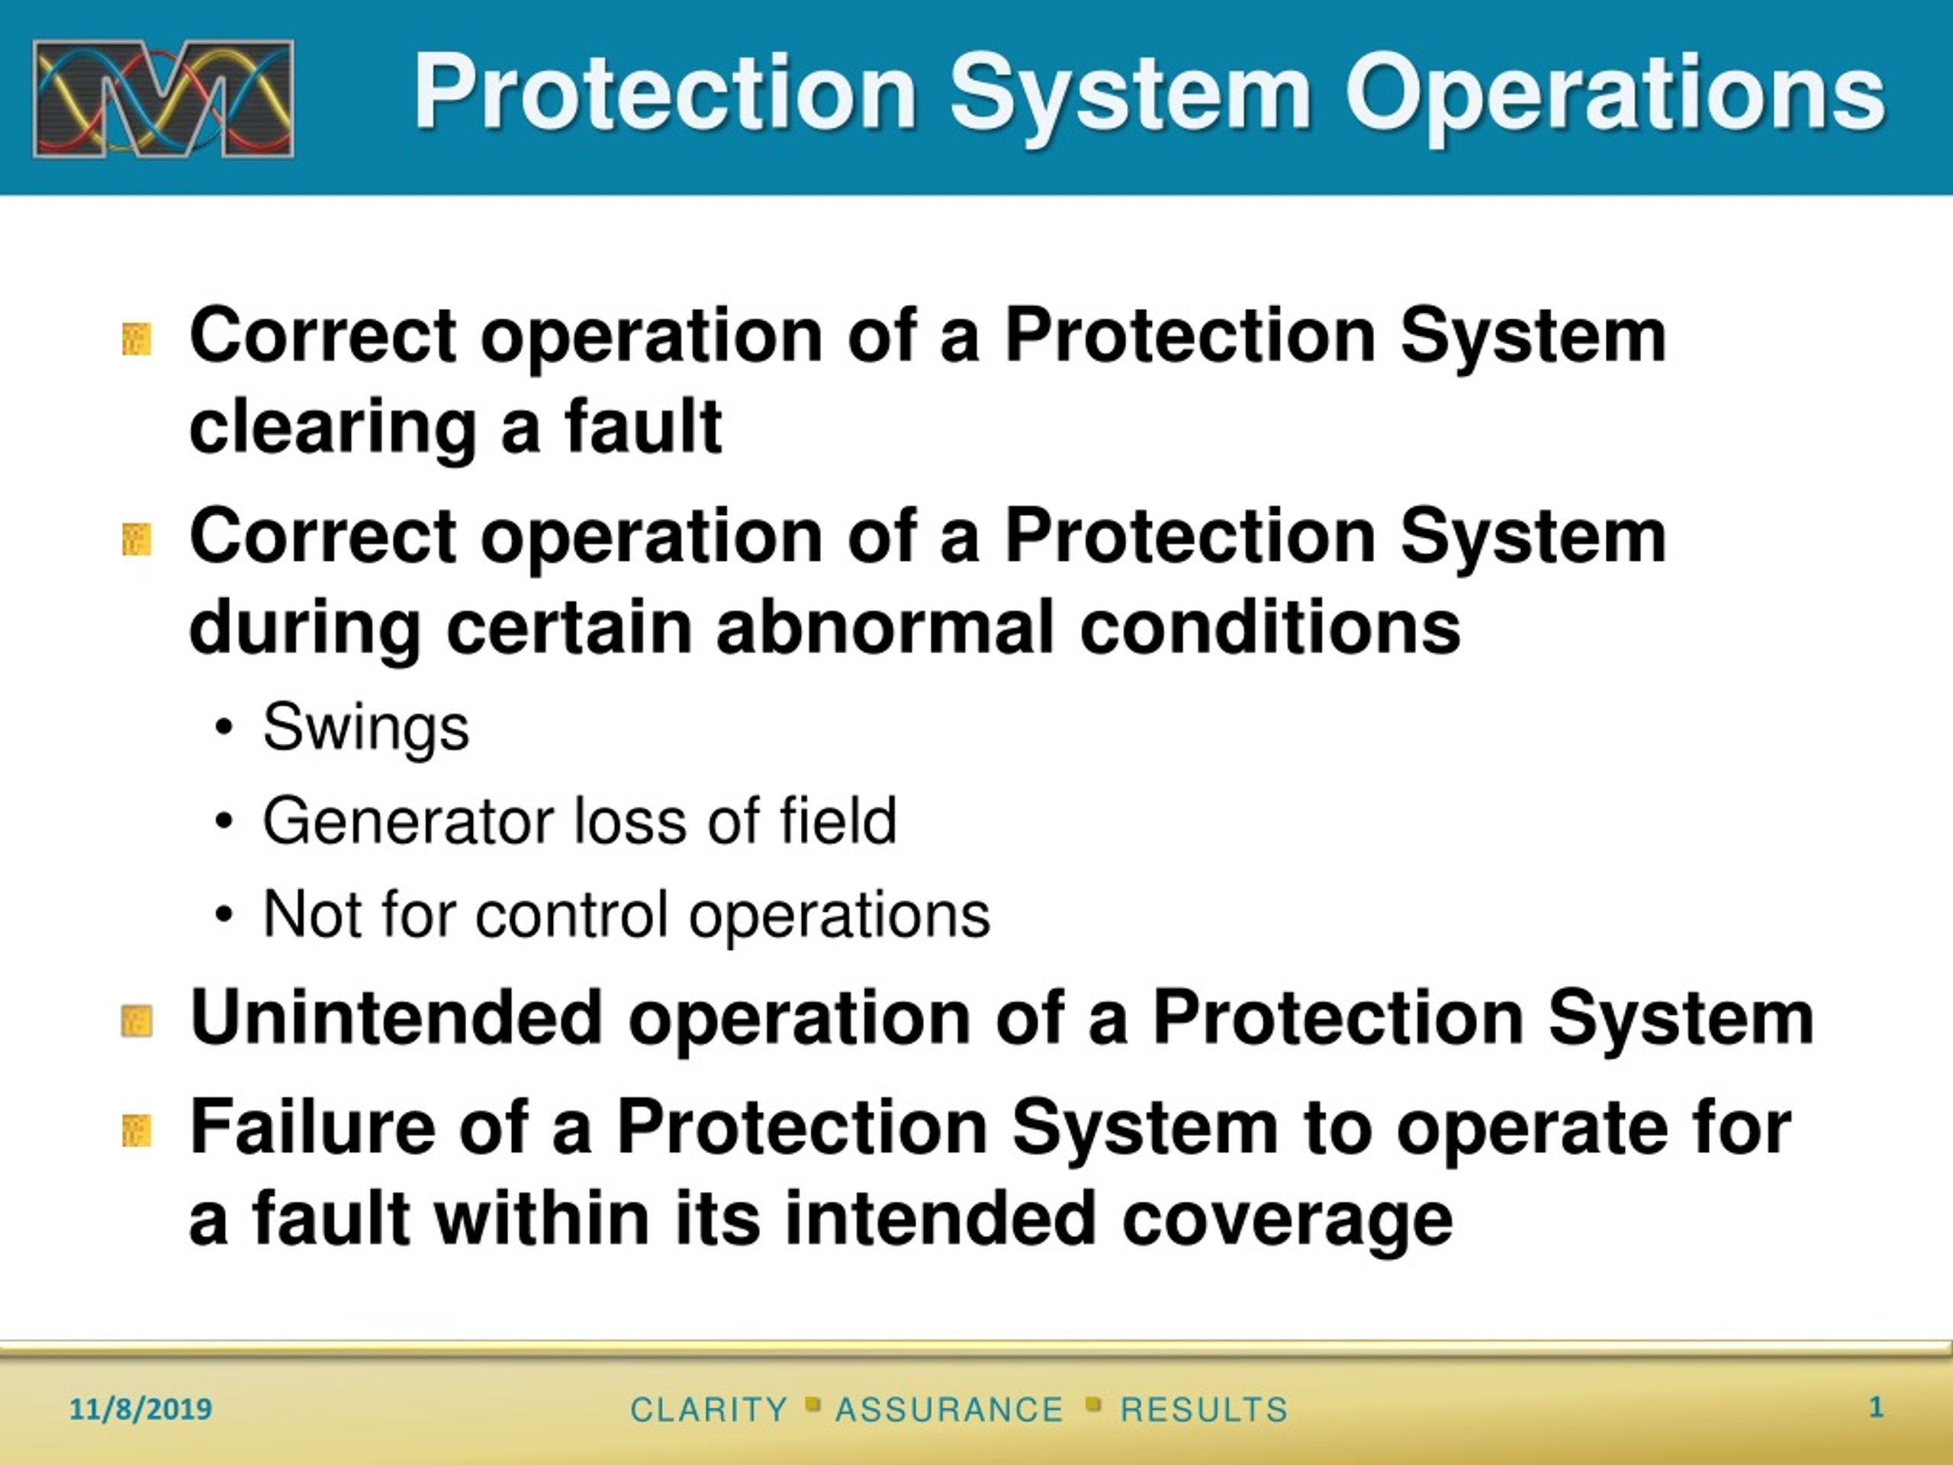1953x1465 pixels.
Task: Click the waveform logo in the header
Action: click(163, 99)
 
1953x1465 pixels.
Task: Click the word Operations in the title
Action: click(1615, 94)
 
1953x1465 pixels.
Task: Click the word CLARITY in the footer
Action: click(709, 1409)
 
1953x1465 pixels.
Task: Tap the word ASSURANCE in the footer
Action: click(949, 1409)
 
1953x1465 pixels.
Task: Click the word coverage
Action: click(1287, 1219)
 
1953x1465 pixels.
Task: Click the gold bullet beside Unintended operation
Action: click(137, 1022)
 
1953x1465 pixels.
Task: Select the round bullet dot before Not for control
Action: click(224, 916)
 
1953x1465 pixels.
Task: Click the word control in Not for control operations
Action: click(571, 915)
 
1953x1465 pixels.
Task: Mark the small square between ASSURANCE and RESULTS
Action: click(1094, 1403)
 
